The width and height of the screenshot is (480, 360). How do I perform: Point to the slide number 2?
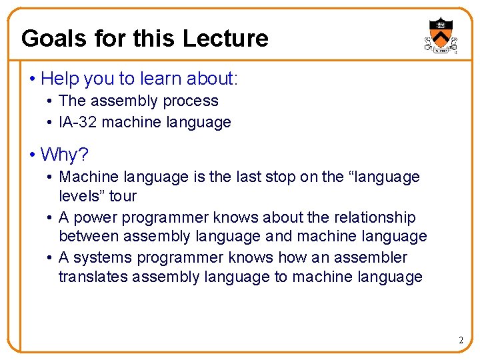(x=461, y=341)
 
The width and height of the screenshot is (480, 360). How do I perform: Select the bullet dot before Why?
(x=32, y=155)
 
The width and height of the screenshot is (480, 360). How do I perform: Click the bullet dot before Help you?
(x=32, y=79)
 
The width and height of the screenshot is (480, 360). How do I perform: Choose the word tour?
(x=123, y=196)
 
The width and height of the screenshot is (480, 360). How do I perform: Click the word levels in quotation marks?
(x=80, y=196)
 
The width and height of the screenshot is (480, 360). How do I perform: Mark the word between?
(x=88, y=237)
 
